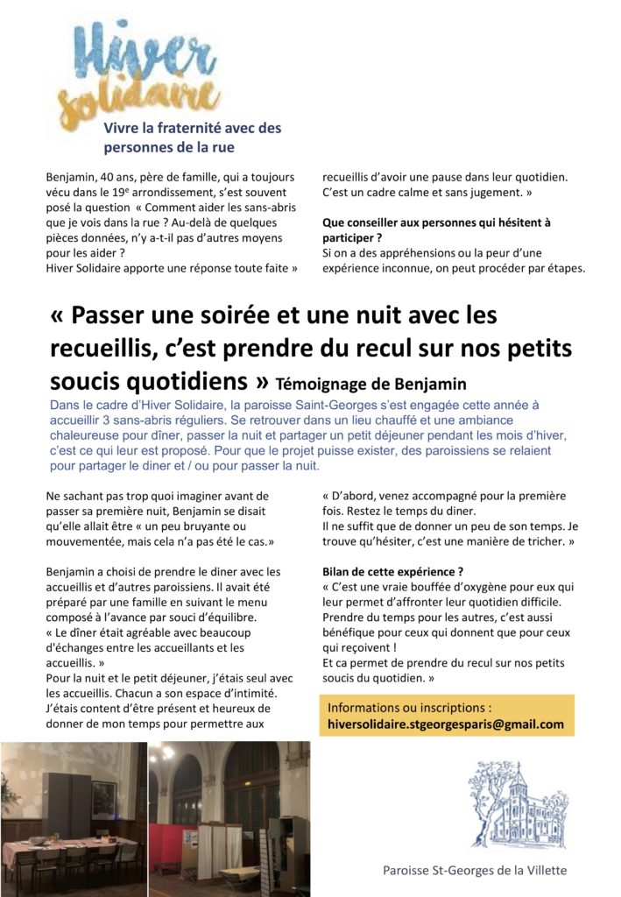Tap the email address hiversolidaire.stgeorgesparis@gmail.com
(445, 724)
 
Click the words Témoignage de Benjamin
(371, 383)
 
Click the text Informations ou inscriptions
(409, 708)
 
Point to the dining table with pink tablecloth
(61, 845)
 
